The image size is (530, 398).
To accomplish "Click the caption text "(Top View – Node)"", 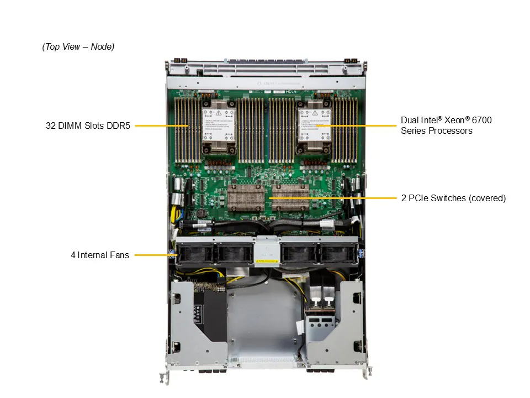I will point(78,47).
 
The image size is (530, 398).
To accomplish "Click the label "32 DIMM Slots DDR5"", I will point(88,125).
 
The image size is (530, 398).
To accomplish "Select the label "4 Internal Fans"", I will point(100,255).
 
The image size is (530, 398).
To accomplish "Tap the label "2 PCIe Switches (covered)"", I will point(453,198).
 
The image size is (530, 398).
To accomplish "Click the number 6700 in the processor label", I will point(480,120).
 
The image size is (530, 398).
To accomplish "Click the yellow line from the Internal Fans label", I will point(152,255).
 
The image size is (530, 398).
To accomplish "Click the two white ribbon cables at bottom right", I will point(320,290).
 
